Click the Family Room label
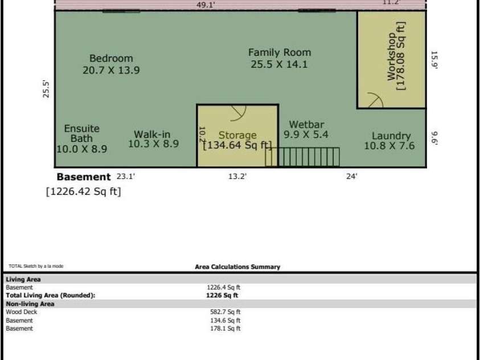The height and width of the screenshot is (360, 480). [x=280, y=52]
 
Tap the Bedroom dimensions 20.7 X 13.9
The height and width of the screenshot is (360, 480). [x=111, y=70]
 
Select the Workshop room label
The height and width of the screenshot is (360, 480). [x=391, y=56]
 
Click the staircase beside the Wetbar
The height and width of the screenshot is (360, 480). [x=302, y=157]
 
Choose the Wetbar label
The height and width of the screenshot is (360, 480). [x=306, y=124]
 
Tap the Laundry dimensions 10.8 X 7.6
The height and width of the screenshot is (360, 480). [x=389, y=146]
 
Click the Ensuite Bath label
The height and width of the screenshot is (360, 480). [x=82, y=133]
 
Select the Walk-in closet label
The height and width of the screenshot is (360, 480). [x=152, y=134]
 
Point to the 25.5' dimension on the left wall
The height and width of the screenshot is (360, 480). [x=46, y=89]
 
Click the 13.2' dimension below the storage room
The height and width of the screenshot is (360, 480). [x=237, y=177]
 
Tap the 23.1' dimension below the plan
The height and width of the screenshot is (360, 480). [x=125, y=177]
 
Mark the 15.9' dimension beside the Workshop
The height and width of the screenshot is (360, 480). [x=434, y=60]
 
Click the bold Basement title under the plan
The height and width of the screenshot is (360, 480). [x=84, y=177]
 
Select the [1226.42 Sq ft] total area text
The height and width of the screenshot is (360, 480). [x=84, y=191]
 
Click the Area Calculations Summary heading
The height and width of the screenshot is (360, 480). [x=237, y=267]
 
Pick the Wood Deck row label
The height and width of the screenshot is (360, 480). [x=22, y=312]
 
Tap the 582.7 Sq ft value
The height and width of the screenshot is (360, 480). [x=225, y=312]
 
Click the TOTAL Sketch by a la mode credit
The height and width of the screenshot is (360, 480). [x=36, y=266]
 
